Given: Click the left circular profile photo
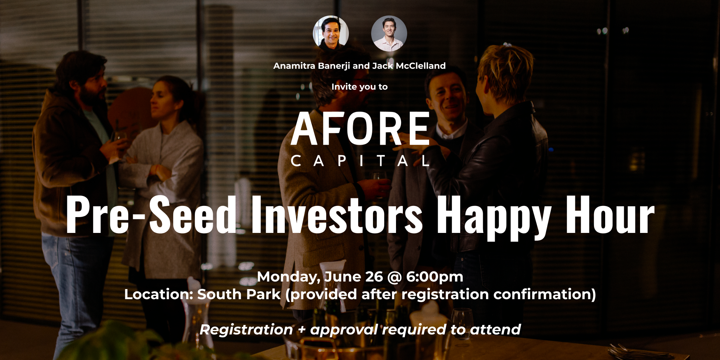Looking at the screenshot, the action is (331, 33).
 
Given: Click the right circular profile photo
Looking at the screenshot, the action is (389, 33).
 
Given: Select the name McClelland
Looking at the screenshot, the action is (421, 66).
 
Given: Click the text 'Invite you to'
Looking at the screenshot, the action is (360, 87).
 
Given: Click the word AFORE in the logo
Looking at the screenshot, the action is (360, 129).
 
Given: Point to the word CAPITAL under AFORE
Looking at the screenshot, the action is (360, 161).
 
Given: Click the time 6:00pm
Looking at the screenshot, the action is (435, 277).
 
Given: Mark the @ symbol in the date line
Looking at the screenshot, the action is (394, 277).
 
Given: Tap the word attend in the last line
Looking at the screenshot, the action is (495, 329).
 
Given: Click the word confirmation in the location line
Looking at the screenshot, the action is (545, 294).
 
